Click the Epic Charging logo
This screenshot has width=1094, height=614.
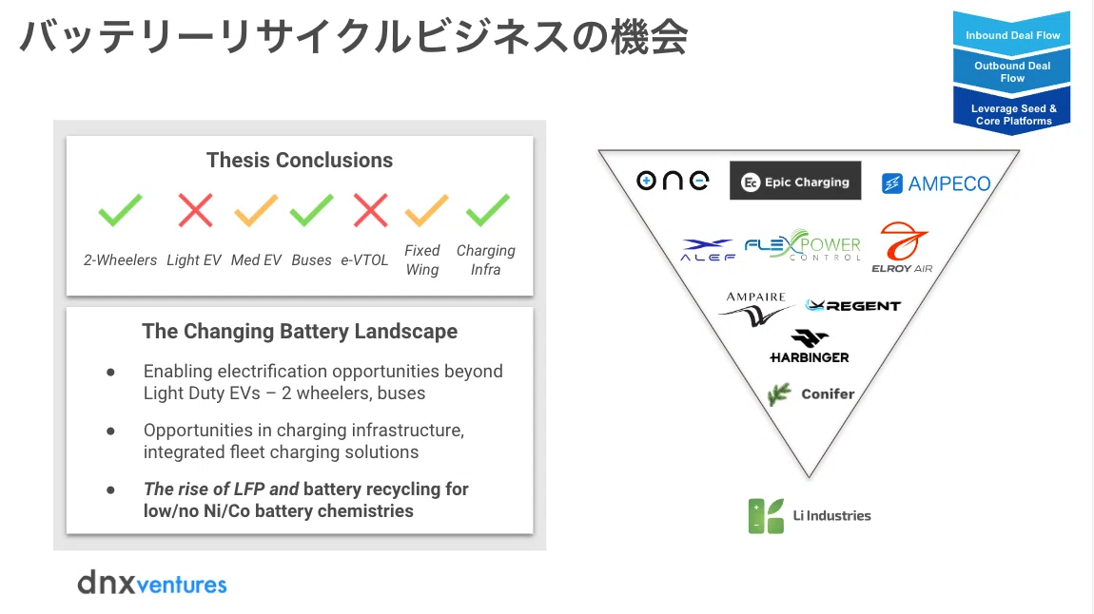tap(795, 182)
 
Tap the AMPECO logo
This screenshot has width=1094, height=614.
tap(936, 183)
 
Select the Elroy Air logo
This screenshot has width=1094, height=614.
tap(902, 247)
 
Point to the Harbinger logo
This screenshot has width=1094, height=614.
tap(810, 346)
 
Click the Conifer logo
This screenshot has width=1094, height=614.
tap(811, 393)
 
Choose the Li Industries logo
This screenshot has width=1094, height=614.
tap(810, 516)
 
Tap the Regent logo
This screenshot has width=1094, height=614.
tap(852, 305)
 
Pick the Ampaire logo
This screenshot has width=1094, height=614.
tap(755, 309)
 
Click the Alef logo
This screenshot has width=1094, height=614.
tap(708, 250)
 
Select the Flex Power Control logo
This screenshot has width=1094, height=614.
tap(802, 244)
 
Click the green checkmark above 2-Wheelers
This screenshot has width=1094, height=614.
tap(120, 210)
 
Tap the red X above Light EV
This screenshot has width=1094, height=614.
tap(195, 210)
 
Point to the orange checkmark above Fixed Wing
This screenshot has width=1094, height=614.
tap(426, 210)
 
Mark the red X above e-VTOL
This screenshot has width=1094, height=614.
tap(370, 210)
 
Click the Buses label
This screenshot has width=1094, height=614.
tap(311, 260)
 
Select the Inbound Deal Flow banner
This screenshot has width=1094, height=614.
tap(1012, 32)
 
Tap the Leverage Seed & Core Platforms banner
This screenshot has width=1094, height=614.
tap(1013, 112)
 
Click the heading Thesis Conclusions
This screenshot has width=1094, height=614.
tap(300, 161)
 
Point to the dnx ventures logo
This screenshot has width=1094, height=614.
tap(152, 583)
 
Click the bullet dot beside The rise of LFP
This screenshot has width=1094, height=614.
tap(110, 489)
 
